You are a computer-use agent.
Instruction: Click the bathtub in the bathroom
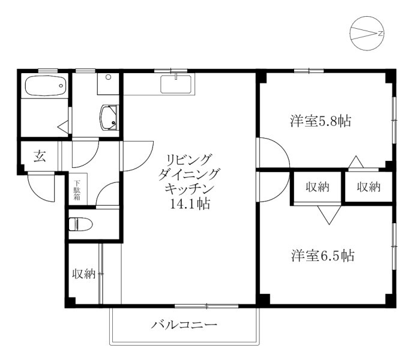point(46,86)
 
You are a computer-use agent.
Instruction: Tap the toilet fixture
point(80,224)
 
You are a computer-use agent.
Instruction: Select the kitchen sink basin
point(176,85)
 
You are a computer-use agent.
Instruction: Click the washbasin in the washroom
point(109,118)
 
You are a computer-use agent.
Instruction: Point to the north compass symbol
point(367,34)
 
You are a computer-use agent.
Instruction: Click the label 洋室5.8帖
point(321,121)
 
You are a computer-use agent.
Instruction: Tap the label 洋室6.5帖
point(322,256)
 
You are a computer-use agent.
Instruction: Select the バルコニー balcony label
point(184,325)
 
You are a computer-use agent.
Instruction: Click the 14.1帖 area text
point(190,204)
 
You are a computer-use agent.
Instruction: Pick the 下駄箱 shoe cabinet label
point(77,190)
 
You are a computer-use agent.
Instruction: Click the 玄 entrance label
point(40,156)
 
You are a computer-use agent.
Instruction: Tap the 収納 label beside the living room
point(84,274)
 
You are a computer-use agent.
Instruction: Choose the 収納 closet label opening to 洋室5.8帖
point(369,187)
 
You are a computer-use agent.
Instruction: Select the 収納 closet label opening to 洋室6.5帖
point(318,187)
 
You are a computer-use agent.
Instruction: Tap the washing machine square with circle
point(108,84)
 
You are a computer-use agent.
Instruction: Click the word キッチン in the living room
point(190,189)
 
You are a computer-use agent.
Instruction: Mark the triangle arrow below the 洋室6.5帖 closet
point(329,215)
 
